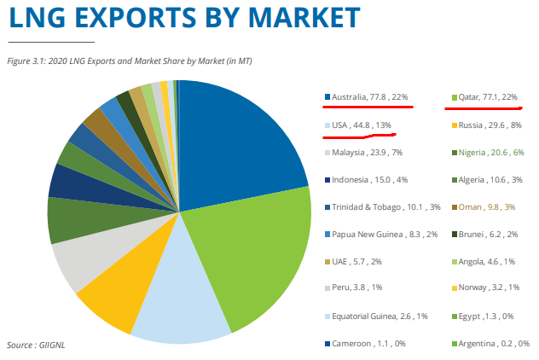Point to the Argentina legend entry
pyautogui.click(x=493, y=343)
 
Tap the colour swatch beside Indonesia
pyautogui.click(x=327, y=179)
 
